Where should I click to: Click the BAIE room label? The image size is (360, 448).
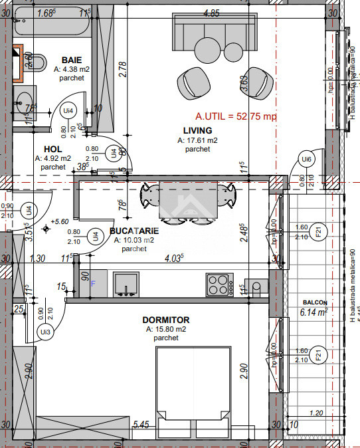click(x=72, y=59)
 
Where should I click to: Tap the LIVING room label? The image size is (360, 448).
click(x=198, y=130)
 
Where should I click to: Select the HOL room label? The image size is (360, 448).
click(x=53, y=149)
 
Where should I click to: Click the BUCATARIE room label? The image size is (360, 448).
click(x=134, y=231)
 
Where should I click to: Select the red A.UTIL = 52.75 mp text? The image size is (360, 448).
click(x=236, y=116)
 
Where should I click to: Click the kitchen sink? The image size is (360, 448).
click(x=124, y=284)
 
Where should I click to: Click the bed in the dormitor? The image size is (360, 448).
click(x=193, y=392)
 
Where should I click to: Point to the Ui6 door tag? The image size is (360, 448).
click(x=306, y=160)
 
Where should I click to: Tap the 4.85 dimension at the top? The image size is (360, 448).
click(x=211, y=13)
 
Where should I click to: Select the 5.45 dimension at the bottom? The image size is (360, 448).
click(x=140, y=424)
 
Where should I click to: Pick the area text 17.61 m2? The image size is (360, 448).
click(x=197, y=140)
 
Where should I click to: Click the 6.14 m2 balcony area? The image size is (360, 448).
click(x=314, y=311)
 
